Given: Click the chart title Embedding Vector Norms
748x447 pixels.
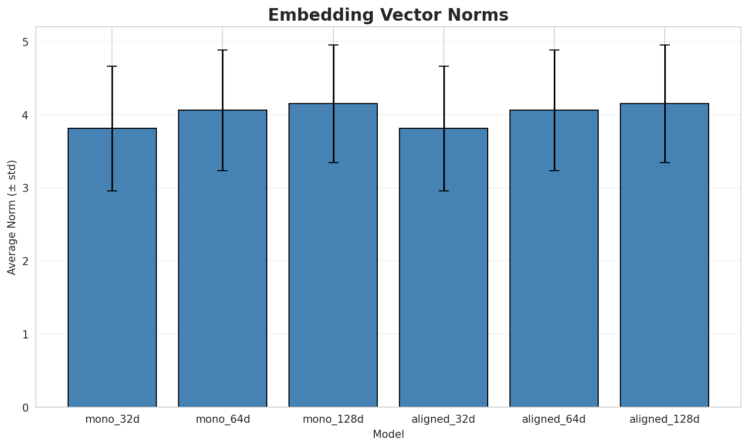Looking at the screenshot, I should point(388,15).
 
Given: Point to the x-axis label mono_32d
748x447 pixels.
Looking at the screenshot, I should point(112,419).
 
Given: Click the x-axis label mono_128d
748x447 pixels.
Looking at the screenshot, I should point(333,419).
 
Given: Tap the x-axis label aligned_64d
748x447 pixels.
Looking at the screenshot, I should point(554,419).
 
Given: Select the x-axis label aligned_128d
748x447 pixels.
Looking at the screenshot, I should point(664,419).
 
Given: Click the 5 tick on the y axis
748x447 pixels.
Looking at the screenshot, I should point(25,42).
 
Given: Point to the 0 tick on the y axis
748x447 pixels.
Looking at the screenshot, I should point(25,407).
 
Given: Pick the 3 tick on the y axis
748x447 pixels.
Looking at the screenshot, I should point(25,188).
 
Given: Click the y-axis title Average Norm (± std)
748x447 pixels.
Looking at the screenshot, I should point(12,217).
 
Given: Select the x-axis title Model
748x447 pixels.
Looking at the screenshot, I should point(388,434).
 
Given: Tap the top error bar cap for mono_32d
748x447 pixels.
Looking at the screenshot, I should point(112,66).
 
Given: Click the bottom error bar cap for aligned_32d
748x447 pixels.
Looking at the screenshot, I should point(443,191).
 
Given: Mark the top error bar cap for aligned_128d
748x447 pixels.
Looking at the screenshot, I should point(664,45).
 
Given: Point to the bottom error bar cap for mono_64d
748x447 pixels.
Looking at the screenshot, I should point(222,171).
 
